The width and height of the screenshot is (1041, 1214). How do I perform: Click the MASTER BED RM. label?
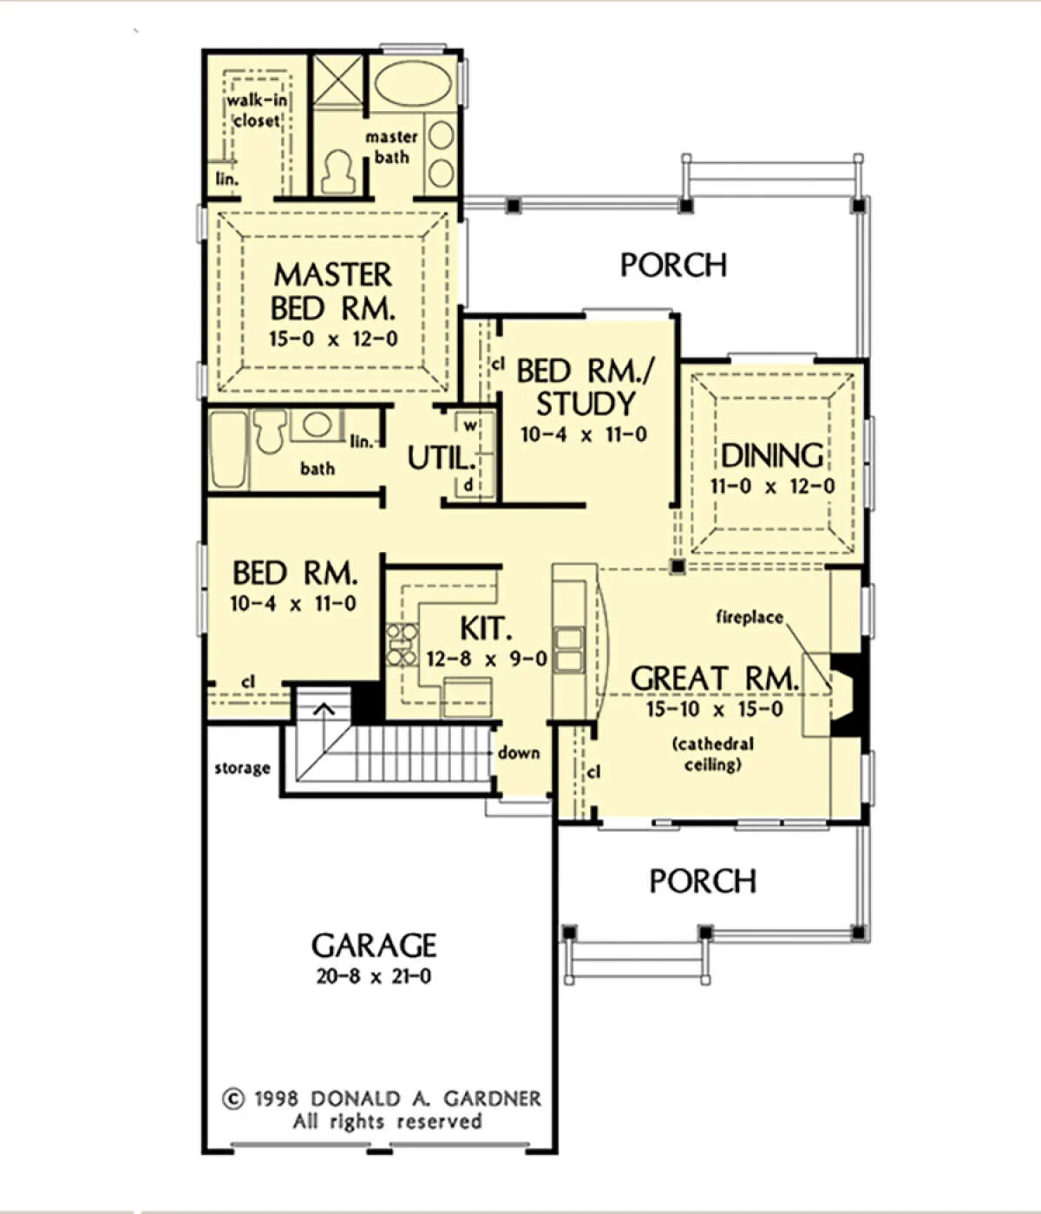333,292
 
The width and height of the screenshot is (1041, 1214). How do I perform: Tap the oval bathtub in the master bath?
413,82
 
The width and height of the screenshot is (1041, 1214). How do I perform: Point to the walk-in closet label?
257,110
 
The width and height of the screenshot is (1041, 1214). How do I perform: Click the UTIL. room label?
442,458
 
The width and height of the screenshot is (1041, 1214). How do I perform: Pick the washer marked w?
470,425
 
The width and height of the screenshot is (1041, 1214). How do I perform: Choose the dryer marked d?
468,486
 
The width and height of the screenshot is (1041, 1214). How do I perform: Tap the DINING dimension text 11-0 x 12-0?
772,486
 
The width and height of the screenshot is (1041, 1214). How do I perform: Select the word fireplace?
750,617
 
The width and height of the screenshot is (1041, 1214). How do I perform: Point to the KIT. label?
486,629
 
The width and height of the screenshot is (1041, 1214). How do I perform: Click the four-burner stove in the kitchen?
403,645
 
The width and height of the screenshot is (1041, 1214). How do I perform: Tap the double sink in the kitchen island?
568,650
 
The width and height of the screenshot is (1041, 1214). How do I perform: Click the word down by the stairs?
519,753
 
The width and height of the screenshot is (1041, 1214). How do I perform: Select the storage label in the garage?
243,768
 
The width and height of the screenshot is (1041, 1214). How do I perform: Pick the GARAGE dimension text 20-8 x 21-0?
374,976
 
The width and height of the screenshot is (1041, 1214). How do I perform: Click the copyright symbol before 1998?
233,1099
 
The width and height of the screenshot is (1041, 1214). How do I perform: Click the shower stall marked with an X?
337,82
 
